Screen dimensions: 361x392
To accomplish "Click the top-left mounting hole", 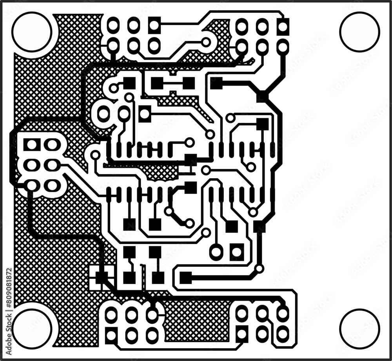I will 32,32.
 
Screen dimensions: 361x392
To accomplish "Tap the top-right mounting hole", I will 359,32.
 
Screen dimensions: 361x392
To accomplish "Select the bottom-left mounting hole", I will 32,329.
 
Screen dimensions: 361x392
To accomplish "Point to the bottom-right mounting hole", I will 359,329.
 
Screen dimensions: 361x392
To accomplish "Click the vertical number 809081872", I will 9,294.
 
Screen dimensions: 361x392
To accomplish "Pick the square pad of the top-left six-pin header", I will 154,26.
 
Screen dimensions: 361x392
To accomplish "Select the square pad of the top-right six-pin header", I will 283,26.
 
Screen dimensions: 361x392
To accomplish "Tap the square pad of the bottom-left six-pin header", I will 111,335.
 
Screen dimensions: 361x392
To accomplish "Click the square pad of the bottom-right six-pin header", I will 242,334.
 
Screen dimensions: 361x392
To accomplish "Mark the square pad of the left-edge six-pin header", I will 31,145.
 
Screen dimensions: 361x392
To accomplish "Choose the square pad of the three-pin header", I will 145,114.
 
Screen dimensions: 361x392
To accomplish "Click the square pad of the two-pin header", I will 237,251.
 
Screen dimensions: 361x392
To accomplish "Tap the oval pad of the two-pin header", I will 216,251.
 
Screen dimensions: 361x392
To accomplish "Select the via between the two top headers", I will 206,42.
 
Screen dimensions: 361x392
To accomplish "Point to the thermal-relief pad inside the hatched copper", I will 102,277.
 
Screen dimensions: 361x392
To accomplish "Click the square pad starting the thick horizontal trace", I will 186,278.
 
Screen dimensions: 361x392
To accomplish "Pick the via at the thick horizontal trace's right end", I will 259,269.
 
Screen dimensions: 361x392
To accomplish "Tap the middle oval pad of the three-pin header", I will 124,114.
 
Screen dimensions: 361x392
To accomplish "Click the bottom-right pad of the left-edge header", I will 52,186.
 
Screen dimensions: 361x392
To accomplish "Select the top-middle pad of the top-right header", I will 262,26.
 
